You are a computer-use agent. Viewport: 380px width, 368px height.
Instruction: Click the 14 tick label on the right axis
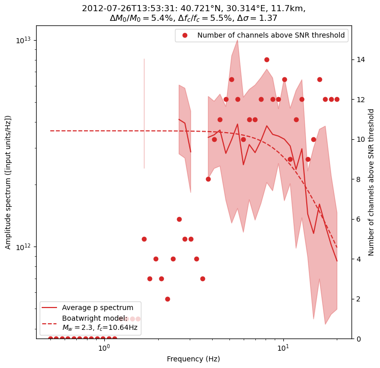tap(360, 59)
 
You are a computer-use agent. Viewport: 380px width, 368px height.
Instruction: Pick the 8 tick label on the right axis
tap(358, 179)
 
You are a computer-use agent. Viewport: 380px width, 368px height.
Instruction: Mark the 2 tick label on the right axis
tap(358, 299)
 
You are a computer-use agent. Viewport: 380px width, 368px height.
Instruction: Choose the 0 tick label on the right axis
tap(358, 339)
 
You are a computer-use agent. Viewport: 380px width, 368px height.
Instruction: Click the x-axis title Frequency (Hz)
tap(193, 359)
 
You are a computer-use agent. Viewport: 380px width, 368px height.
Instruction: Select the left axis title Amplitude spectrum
tap(8, 182)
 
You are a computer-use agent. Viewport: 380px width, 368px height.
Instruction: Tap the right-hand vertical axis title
tap(371, 182)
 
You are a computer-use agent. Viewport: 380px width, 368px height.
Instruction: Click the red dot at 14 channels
tap(267, 59)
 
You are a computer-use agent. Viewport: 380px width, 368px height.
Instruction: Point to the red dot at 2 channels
tap(167, 299)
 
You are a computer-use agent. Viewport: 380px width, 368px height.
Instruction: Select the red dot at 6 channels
tap(179, 219)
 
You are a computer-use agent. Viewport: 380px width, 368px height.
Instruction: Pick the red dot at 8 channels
tap(208, 179)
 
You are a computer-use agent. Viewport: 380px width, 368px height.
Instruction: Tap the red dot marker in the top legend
tap(185, 35)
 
